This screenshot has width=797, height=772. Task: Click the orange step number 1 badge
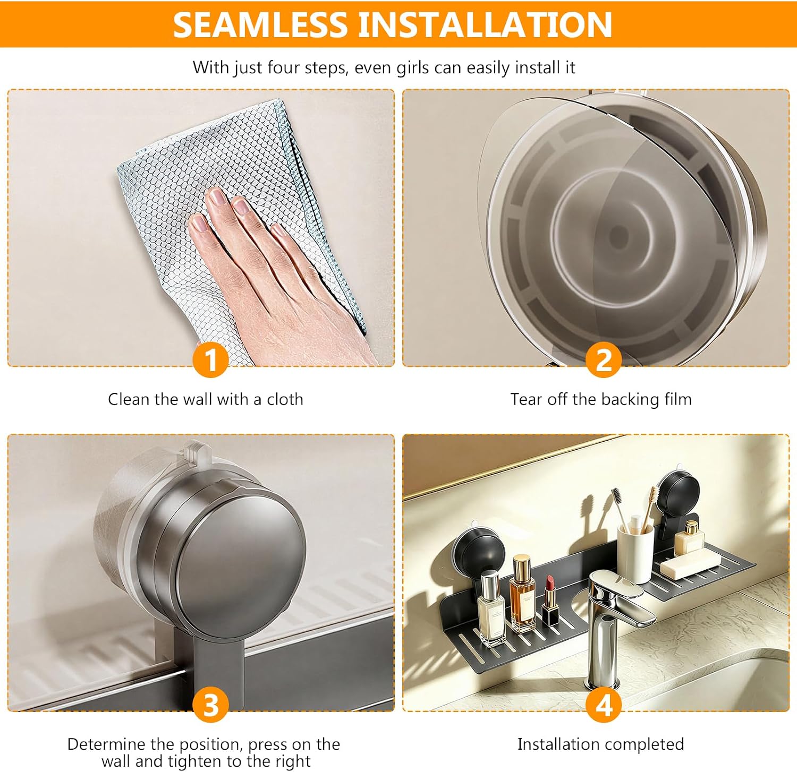pos(211,360)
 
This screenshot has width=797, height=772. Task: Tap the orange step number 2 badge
pos(604,360)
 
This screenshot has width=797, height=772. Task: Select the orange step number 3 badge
pos(211,705)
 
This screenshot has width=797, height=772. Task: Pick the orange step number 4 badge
pos(604,705)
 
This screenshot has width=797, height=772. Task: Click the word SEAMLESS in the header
pos(260,24)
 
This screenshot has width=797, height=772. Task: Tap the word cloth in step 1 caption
pos(285,399)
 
